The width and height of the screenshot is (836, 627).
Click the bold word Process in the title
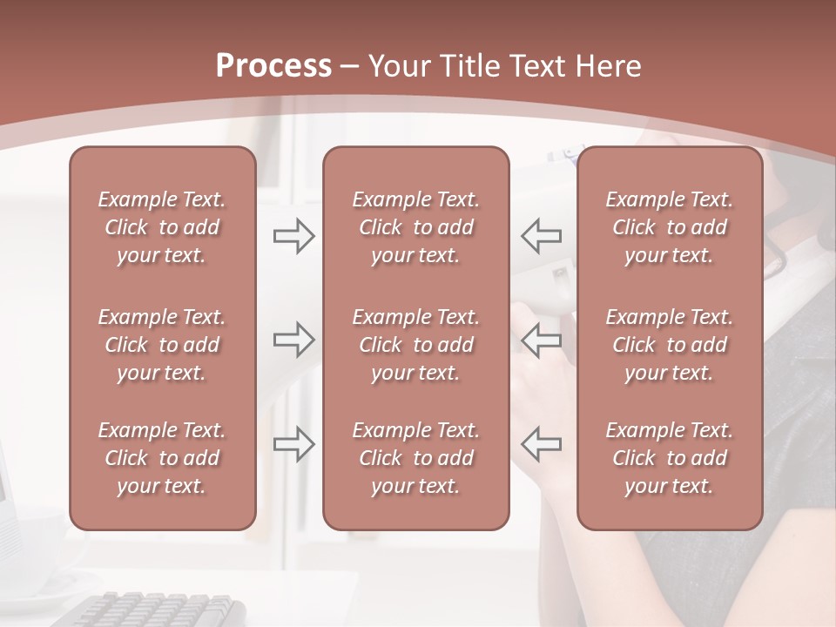click(x=273, y=66)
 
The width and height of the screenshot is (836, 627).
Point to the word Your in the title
click(x=399, y=66)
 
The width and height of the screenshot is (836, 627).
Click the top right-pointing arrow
click(x=293, y=235)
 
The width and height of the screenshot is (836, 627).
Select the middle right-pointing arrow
click(x=293, y=339)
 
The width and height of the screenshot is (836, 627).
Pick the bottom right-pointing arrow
click(x=293, y=443)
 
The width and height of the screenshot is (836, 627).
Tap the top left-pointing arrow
click(x=541, y=235)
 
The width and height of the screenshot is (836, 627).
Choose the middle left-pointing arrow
click(x=541, y=339)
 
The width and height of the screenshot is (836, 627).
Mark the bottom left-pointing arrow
click(x=541, y=443)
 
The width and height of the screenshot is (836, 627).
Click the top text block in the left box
click(x=162, y=227)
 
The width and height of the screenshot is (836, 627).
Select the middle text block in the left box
click(x=162, y=345)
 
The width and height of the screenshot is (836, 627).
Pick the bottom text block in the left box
click(x=162, y=458)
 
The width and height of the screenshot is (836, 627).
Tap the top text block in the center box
click(x=415, y=227)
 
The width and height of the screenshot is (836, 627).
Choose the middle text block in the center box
click(x=415, y=345)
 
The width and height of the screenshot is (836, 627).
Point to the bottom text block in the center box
click(x=415, y=458)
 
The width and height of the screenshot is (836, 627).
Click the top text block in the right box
click(x=670, y=227)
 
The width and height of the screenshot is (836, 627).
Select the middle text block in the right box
click(x=670, y=345)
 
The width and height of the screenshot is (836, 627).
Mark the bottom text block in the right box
click(x=670, y=458)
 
